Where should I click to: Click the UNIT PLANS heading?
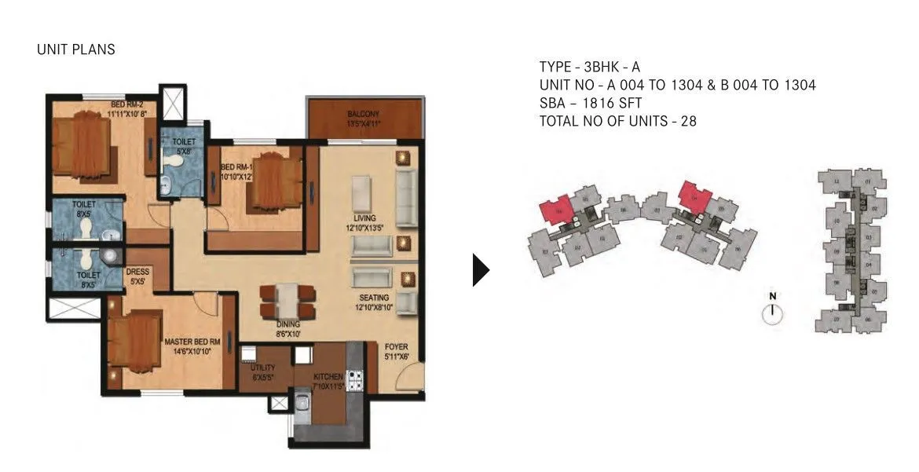(75, 49)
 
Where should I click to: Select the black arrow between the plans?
(480, 270)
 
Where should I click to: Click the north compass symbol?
(773, 312)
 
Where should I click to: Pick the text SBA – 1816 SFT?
(591, 103)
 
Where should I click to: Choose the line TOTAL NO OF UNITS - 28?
(618, 121)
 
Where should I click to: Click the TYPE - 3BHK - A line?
(589, 67)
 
